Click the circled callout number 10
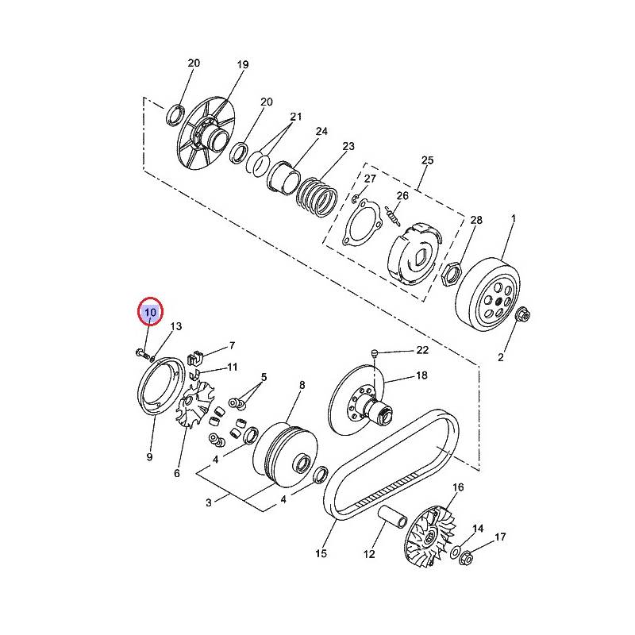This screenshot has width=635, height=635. [x=150, y=312]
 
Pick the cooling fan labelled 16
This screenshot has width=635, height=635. [x=430, y=535]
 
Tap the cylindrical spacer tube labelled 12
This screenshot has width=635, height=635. [x=392, y=518]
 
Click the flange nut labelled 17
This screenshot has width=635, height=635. [x=466, y=560]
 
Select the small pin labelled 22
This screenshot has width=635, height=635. [x=374, y=353]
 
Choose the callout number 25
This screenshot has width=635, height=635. [x=427, y=160]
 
